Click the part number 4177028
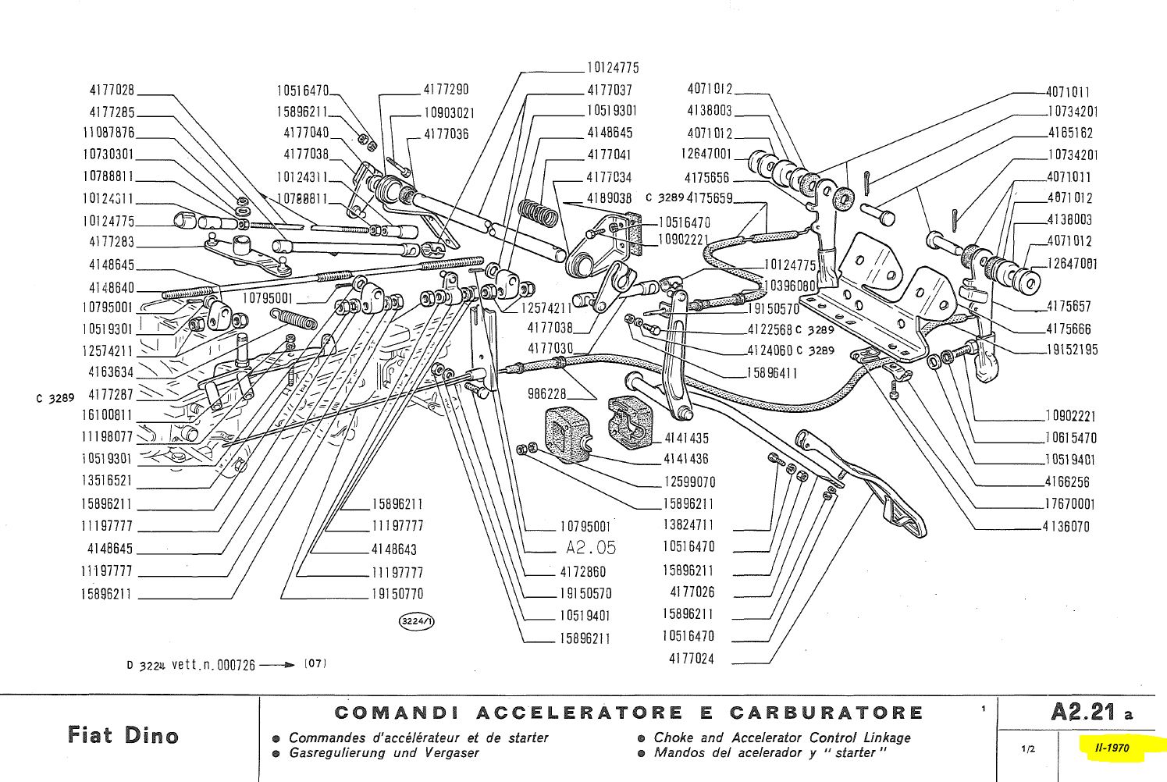click(112, 91)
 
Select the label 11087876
click(109, 133)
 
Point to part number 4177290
click(446, 90)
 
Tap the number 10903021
click(449, 112)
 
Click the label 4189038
click(609, 199)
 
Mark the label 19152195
click(1072, 350)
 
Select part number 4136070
click(1066, 527)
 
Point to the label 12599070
click(689, 482)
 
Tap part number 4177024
click(691, 659)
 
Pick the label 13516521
click(107, 481)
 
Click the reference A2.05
click(591, 549)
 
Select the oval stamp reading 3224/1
click(417, 621)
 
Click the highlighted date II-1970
click(1112, 748)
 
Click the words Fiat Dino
click(123, 735)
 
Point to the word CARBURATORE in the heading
click(827, 713)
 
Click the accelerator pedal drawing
click(866, 484)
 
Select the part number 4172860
click(582, 572)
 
